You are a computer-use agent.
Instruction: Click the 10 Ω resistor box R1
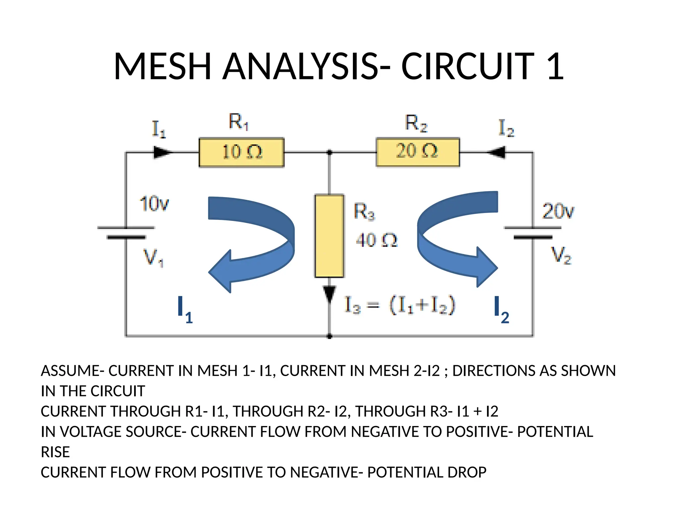(241, 152)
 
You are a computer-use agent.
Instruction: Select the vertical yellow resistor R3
(329, 236)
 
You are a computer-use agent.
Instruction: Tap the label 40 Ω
(376, 240)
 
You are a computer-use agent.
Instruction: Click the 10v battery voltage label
(154, 204)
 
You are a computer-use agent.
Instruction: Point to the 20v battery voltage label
(558, 211)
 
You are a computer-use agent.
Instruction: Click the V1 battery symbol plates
(126, 233)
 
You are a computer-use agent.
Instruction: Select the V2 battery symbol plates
(533, 233)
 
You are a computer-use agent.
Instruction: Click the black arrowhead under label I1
(162, 152)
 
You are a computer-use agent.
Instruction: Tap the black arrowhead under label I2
(497, 152)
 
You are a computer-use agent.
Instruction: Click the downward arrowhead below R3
(329, 294)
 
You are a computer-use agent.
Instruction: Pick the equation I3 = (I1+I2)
(400, 305)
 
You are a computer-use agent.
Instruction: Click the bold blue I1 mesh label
(184, 310)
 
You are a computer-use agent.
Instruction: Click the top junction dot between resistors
(329, 152)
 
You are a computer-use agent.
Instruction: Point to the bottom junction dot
(329, 336)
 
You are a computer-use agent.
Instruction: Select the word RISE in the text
(55, 452)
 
